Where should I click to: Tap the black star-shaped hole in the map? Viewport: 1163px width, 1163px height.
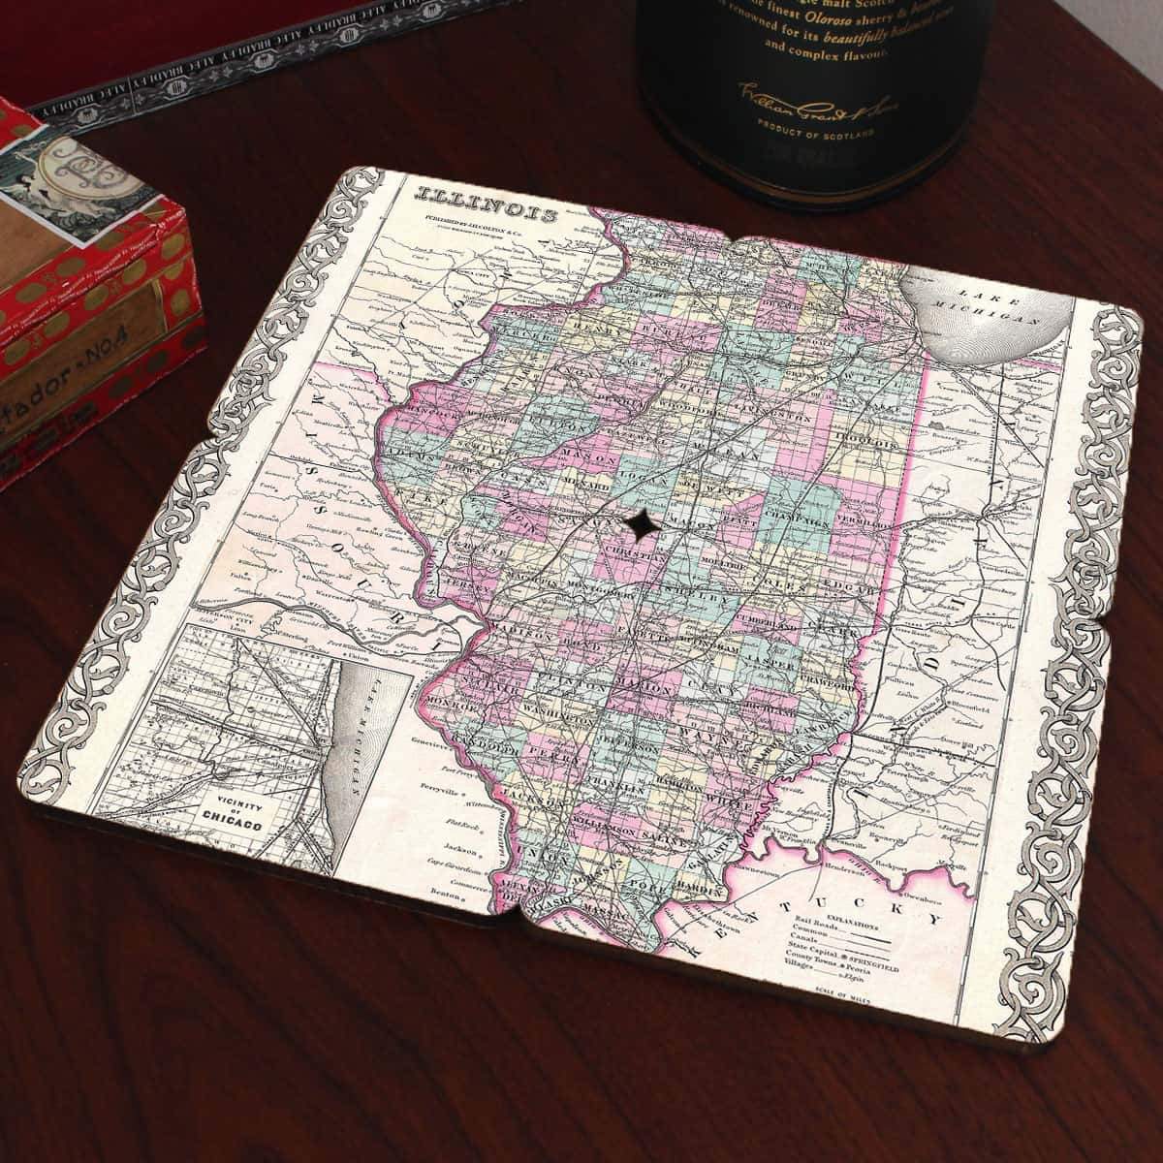point(641,524)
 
